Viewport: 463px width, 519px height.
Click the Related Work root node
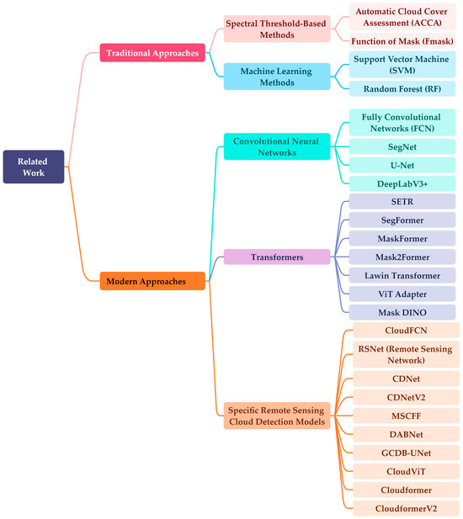click(x=34, y=166)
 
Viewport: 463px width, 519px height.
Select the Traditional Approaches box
click(x=152, y=53)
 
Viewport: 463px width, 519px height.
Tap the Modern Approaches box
click(x=152, y=281)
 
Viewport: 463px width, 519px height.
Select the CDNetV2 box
click(x=406, y=397)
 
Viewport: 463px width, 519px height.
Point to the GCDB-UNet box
click(x=406, y=453)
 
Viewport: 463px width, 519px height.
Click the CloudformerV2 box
click(x=406, y=508)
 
